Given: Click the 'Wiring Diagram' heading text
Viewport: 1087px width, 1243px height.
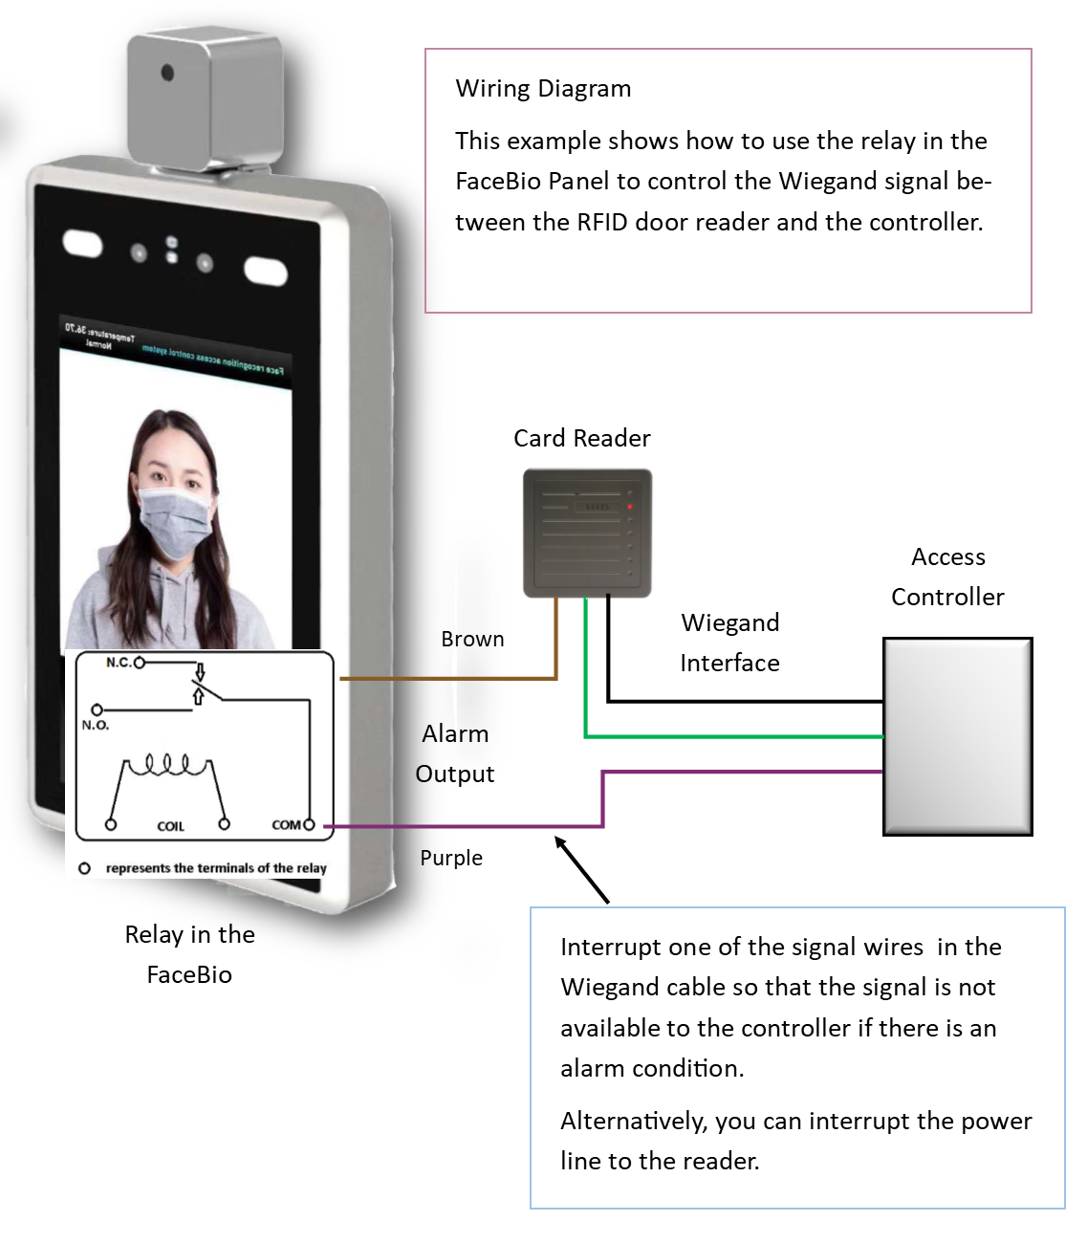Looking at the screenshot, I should [x=542, y=89].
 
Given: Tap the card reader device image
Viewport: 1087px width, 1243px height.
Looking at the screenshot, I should [x=587, y=533].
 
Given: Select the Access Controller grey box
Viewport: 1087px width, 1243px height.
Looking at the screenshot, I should [x=957, y=736].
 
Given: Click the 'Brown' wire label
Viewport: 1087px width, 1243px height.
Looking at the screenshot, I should [x=472, y=640].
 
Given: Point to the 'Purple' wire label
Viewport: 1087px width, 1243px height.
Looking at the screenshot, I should [x=451, y=858].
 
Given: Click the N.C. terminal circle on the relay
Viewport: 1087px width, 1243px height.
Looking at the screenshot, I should [x=140, y=663].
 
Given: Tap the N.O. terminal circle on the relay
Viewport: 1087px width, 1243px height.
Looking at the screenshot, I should [x=97, y=709].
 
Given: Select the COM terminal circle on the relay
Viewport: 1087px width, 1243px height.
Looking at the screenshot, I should [x=309, y=824].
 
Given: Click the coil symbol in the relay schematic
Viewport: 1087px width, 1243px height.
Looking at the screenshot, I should [x=167, y=765].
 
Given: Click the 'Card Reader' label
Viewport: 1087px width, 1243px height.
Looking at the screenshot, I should [x=581, y=439].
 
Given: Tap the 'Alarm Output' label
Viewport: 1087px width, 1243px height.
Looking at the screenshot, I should [x=455, y=753].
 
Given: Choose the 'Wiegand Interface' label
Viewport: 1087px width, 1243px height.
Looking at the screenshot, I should [x=729, y=643].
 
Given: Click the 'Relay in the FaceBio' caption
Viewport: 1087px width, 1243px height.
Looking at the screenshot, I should [x=189, y=954].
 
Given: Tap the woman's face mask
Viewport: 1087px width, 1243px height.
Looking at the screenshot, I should [x=174, y=522].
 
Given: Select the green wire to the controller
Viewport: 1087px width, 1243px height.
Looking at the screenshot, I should [x=727, y=736].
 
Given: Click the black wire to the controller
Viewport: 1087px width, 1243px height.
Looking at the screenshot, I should [x=746, y=702].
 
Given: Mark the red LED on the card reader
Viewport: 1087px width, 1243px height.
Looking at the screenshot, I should [x=630, y=507].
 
